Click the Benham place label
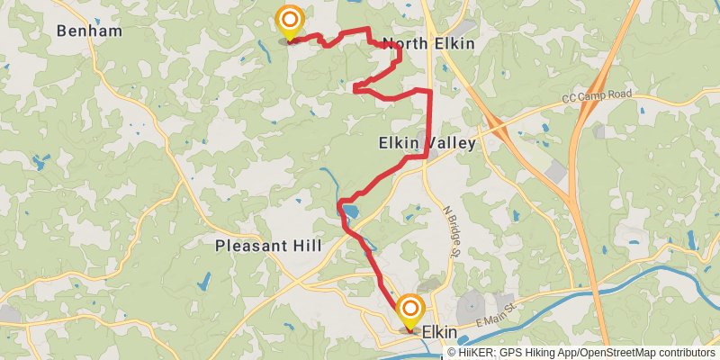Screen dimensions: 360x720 88,31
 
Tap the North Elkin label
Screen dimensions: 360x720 428,43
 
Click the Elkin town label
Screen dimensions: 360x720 440,332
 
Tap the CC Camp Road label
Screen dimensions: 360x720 597,95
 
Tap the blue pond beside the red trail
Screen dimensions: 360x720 350,212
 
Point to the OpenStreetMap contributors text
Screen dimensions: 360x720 649,353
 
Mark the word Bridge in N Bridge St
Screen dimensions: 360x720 451,224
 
